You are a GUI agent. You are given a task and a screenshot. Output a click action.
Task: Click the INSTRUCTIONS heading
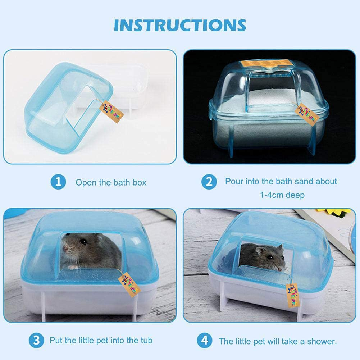pyautogui.click(x=180, y=25)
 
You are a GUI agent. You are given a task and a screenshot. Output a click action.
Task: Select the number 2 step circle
pyautogui.click(x=209, y=182)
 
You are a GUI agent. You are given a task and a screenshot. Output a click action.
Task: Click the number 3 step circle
pyautogui.click(x=36, y=340)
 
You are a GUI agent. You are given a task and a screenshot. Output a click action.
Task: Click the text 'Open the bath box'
pyautogui.click(x=111, y=182)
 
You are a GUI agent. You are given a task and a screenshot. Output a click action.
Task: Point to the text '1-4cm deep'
pyautogui.click(x=282, y=195)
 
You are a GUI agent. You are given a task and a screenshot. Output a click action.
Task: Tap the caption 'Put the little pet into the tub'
pyautogui.click(x=101, y=340)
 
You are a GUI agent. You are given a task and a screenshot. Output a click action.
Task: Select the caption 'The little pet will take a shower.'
pyautogui.click(x=278, y=340)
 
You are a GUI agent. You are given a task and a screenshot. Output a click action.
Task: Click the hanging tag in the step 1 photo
pyautogui.click(x=115, y=111)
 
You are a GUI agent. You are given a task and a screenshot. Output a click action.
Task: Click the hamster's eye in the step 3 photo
pyautogui.click(x=83, y=242)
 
